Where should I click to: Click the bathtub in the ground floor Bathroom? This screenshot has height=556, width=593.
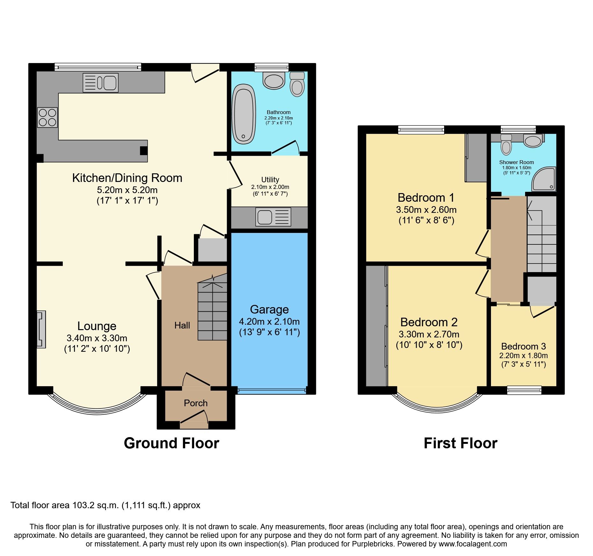244,114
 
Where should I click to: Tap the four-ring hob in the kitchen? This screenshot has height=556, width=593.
48,117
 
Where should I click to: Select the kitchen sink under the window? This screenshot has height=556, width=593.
100,83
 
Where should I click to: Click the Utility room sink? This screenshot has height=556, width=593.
273,217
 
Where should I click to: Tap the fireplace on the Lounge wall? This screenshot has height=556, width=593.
41,329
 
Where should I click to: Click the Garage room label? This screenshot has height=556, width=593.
269,309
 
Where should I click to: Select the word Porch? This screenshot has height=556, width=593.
195,403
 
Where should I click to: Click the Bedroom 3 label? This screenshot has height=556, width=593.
523,346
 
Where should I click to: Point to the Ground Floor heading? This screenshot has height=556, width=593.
172,443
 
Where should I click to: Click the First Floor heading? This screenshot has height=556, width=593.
460,443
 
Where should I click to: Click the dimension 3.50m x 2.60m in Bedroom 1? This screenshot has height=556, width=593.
426,210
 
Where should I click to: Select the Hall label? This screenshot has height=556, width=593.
182,325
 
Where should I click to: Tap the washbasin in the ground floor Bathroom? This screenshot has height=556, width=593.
274,80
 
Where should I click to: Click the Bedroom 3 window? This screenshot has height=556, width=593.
524,390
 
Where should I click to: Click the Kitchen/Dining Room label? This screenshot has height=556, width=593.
127,178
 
